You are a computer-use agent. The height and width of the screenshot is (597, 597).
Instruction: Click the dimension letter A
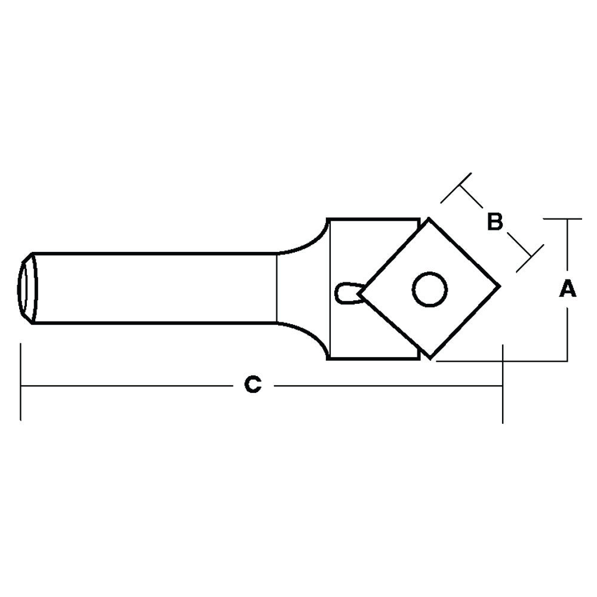point(568,290)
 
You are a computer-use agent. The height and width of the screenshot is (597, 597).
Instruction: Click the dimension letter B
point(495,221)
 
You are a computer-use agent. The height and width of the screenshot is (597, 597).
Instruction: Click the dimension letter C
point(253,385)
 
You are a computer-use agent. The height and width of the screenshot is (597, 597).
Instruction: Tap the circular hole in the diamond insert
point(429,290)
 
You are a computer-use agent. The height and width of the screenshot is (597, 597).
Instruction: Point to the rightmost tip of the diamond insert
point(499,285)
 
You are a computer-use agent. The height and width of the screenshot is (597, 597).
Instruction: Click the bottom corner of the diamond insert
point(431,358)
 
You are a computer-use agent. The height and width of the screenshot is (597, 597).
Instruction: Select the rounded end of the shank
point(27,288)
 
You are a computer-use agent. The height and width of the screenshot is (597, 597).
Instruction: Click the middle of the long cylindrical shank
point(155,288)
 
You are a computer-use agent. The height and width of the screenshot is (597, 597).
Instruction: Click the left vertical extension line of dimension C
point(21,382)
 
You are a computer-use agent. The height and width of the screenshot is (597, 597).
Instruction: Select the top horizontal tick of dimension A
point(563,219)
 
